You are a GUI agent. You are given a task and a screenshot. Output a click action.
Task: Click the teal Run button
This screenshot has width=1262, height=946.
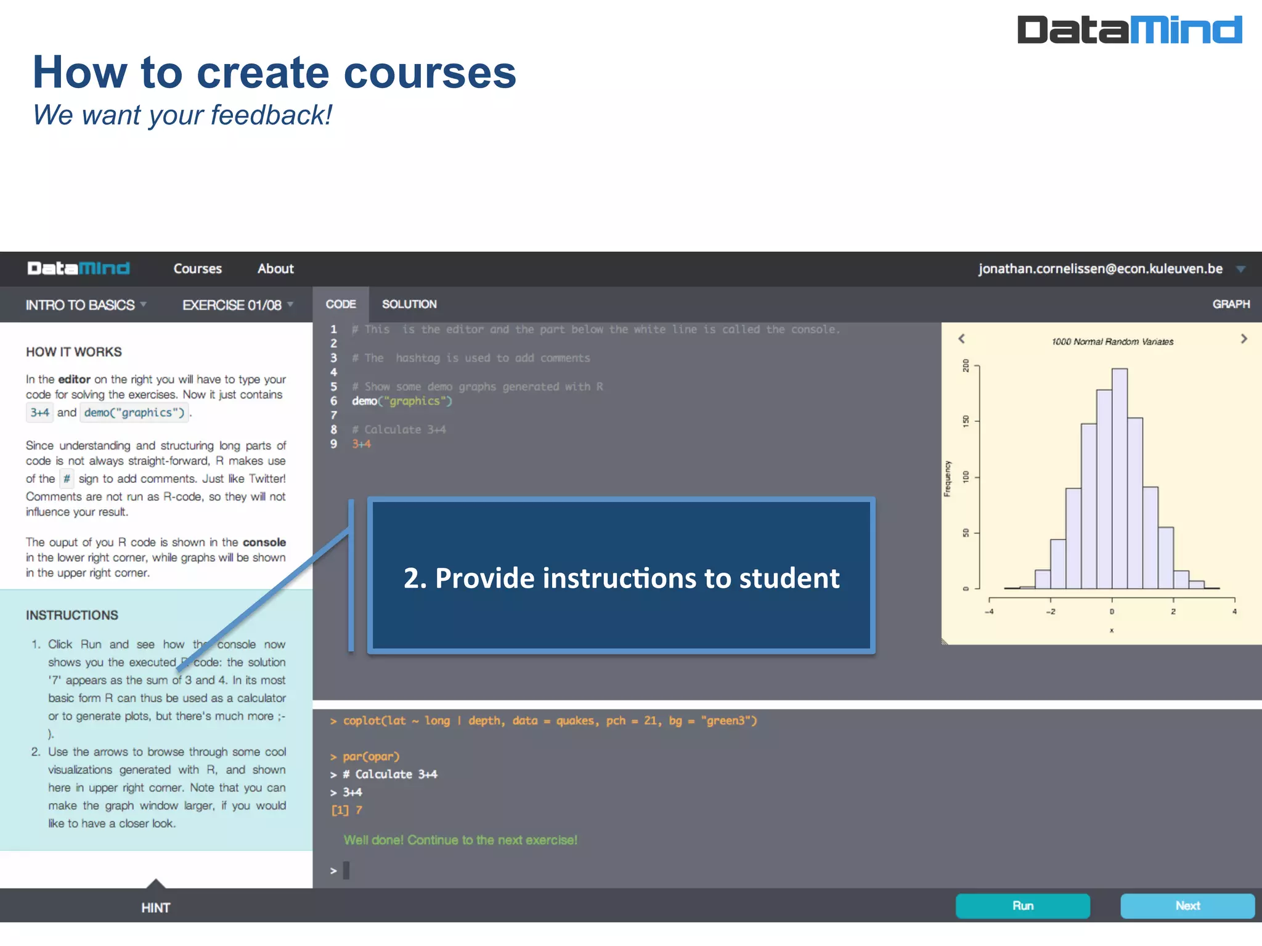pos(1022,905)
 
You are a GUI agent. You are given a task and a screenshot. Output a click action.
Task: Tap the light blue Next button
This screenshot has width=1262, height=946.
pos(1187,905)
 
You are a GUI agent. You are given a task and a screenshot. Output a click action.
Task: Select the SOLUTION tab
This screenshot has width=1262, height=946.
pos(409,304)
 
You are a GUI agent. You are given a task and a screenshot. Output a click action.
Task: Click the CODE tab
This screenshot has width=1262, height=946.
pos(341,304)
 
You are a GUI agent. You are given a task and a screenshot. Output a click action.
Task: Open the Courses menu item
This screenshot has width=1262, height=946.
pos(197,269)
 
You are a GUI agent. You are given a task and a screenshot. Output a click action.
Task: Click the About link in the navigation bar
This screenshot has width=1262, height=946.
pos(275,269)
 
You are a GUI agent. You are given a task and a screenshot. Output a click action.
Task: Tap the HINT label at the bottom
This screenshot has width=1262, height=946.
pos(155,907)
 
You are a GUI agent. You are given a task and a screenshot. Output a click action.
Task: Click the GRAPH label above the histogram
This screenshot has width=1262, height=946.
pos(1231,304)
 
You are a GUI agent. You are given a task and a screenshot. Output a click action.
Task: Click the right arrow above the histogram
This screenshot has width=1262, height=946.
pos(1244,339)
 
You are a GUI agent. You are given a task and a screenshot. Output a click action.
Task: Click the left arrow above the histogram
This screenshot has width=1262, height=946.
pos(961,339)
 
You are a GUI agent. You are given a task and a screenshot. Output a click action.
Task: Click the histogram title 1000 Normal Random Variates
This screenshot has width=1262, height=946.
pos(1112,342)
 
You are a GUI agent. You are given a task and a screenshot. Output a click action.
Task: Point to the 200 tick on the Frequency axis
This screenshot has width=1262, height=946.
pos(966,366)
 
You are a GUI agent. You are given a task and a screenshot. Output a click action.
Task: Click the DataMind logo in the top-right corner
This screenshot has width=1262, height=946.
pos(1129,30)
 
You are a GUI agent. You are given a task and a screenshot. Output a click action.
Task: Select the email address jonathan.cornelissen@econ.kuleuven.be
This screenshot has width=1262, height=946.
pos(1100,269)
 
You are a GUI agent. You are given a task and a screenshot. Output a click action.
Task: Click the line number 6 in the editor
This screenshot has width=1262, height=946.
pos(333,401)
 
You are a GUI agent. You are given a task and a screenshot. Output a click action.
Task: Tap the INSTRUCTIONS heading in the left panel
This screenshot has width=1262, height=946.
pos(72,615)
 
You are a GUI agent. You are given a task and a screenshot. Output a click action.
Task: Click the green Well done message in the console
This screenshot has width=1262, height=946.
pos(460,840)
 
